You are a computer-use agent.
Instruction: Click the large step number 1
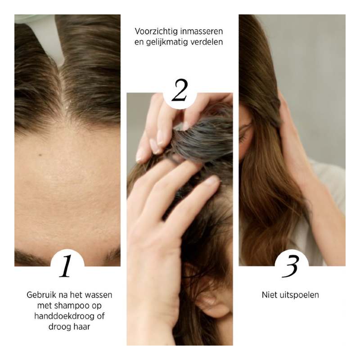pyautogui.click(x=66, y=266)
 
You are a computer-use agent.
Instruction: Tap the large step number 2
pyautogui.click(x=180, y=90)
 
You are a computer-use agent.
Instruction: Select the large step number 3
pyautogui.click(x=290, y=266)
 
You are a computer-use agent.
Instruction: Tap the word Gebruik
pyautogui.click(x=41, y=295)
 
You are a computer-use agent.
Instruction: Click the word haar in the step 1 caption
pyautogui.click(x=81, y=327)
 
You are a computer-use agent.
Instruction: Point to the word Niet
pyautogui.click(x=269, y=295)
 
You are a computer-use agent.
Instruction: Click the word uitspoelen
pyautogui.click(x=299, y=295)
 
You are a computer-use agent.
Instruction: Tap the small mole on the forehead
pyautogui.click(x=40, y=155)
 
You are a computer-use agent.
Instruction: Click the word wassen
pyautogui.click(x=99, y=295)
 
